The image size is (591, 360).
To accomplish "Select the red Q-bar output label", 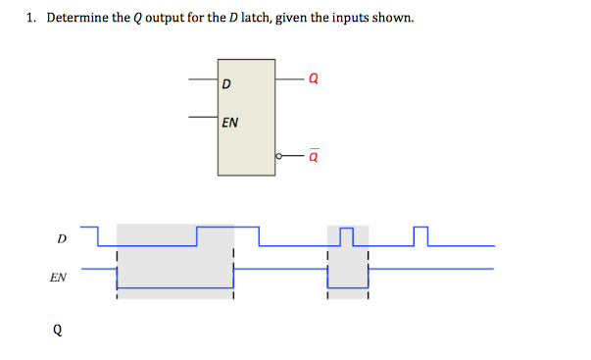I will pyautogui.click(x=314, y=155).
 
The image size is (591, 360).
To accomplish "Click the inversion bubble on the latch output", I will pyautogui.click(x=279, y=155).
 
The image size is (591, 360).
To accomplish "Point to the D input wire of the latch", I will pyautogui.click(x=204, y=78).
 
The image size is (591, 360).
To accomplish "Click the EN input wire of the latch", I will pyautogui.click(x=204, y=118).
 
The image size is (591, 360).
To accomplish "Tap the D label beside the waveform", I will pyautogui.click(x=62, y=238).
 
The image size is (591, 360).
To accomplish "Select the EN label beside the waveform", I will pyautogui.click(x=59, y=278).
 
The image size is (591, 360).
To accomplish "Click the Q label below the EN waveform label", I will pyautogui.click(x=58, y=330).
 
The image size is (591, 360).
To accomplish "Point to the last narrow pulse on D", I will pyautogui.click(x=421, y=235).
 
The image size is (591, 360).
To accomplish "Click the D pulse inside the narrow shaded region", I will pyautogui.click(x=346, y=235).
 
